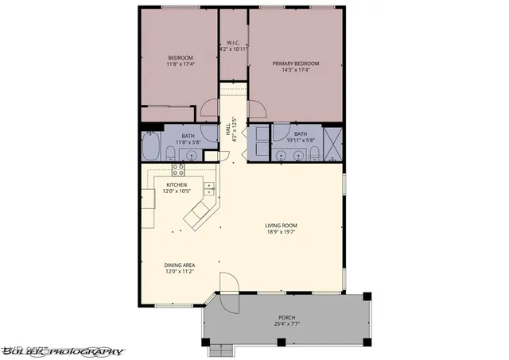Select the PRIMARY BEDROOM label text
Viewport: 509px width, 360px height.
pos(295,63)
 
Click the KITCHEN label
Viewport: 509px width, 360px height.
pos(177,185)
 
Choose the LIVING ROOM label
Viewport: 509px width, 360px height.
pos(283,226)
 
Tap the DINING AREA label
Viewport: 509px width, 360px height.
pos(179,265)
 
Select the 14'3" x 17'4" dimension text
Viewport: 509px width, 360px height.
pos(295,70)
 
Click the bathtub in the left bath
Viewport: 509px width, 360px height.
pos(150,147)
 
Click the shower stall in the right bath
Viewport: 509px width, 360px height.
pos(333,141)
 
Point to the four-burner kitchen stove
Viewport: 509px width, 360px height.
pos(178,169)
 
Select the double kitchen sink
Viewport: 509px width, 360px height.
pos(209,189)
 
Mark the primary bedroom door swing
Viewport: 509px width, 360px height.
pos(257,109)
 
